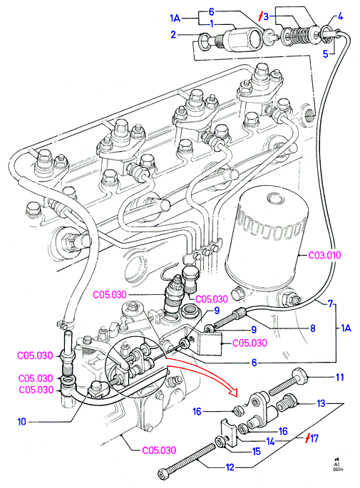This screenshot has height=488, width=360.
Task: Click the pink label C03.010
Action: click(324, 255)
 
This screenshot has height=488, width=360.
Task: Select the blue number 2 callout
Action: click(173, 34)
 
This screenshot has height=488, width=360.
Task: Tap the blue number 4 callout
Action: click(340, 16)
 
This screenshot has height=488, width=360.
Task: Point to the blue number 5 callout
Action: click(326, 54)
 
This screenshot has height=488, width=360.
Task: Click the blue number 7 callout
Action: click(330, 303)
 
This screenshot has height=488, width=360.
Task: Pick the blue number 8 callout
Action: click(313, 328)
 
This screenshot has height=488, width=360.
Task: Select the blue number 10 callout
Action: click(21, 422)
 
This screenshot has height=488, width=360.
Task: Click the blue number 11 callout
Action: click(340, 377)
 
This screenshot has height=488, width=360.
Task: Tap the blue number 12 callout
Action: click(230, 467)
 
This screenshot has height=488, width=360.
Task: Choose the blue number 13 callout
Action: click(321, 404)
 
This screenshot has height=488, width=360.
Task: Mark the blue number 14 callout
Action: click(270, 442)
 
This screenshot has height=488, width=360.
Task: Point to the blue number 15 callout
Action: click(257, 452)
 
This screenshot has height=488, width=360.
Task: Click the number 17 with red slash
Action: click(312, 439)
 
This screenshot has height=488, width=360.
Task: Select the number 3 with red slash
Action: click(264, 16)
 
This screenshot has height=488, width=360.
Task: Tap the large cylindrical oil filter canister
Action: click(267, 237)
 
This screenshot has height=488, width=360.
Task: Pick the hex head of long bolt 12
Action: click(164, 474)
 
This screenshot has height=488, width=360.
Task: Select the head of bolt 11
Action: click(300, 375)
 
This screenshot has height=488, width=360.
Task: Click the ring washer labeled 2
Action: click(205, 41)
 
